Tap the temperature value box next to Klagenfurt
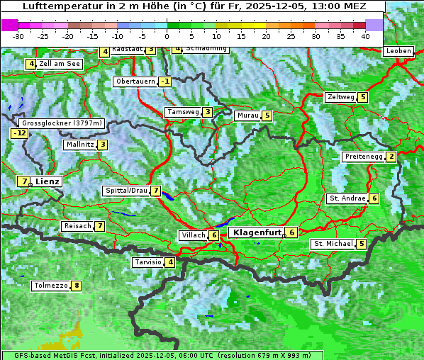coord(291,232)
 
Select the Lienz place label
coord(48,181)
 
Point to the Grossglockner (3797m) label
coord(62,123)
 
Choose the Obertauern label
coord(135,81)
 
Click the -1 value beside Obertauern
coord(164,81)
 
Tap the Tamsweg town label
coord(182,112)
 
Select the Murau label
coord(247,116)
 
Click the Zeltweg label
coord(340,97)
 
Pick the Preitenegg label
coord(364,157)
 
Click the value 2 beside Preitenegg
coord(391,157)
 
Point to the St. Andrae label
coord(347,198)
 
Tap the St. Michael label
coord(333,244)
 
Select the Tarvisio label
coord(147,262)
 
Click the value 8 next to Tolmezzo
coord(76,286)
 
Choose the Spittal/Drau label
coord(125,191)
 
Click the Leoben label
coord(398,51)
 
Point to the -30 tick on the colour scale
coord(18,36)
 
